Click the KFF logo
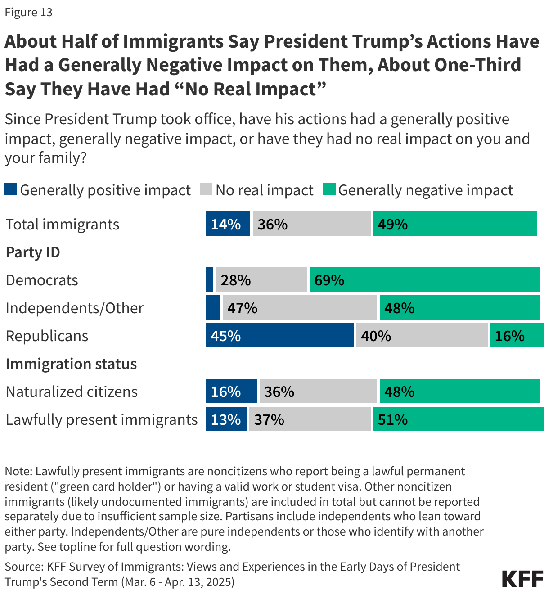pos(522,579)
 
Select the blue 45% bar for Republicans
pos(279,335)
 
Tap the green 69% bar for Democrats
pos(424,279)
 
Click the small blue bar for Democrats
pos(210,279)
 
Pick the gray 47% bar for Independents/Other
pos(300,307)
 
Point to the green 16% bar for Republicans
pos(517,335)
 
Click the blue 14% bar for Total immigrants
pos(228,224)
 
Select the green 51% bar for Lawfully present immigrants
pos(458,419)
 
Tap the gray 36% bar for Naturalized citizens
pos(318,391)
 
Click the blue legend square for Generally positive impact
pos(11,189)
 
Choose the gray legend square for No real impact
pos(206,189)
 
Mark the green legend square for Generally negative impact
pos(329,189)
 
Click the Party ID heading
pos(33,252)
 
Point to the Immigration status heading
pos(71,364)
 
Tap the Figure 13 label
pos(29,12)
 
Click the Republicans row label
pos(47,336)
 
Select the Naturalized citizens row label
pos(72,391)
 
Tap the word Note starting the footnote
pos(18,471)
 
